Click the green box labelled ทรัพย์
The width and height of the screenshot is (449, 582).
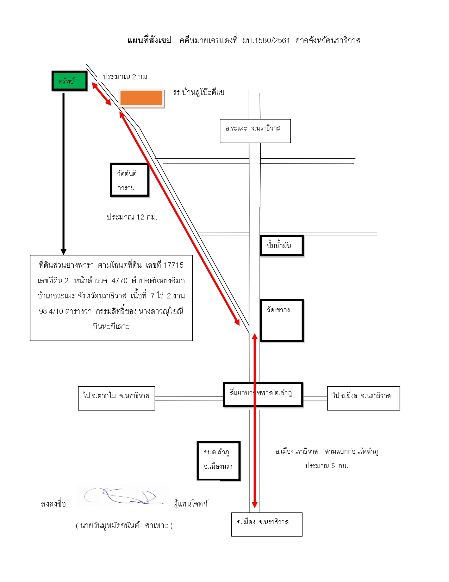69,81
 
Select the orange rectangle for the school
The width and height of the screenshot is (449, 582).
141,98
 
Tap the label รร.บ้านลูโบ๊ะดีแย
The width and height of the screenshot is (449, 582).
198,92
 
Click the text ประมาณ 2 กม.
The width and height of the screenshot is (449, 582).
126,77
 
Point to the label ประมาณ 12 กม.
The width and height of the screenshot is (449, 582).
132,217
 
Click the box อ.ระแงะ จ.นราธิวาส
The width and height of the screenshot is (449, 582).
255,131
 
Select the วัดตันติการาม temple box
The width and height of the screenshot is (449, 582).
130,180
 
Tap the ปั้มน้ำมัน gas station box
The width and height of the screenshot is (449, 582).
282,245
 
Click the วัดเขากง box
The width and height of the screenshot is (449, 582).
282,320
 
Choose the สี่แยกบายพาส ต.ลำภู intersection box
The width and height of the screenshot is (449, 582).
263,394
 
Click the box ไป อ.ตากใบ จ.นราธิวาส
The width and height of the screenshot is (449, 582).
116,398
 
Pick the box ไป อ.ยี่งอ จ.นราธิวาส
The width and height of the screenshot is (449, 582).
363,398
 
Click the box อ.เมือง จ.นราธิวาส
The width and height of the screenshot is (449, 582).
267,525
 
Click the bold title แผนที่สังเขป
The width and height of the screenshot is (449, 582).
149,41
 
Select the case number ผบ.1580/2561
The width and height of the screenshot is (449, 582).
266,41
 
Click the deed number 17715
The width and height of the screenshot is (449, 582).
174,265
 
